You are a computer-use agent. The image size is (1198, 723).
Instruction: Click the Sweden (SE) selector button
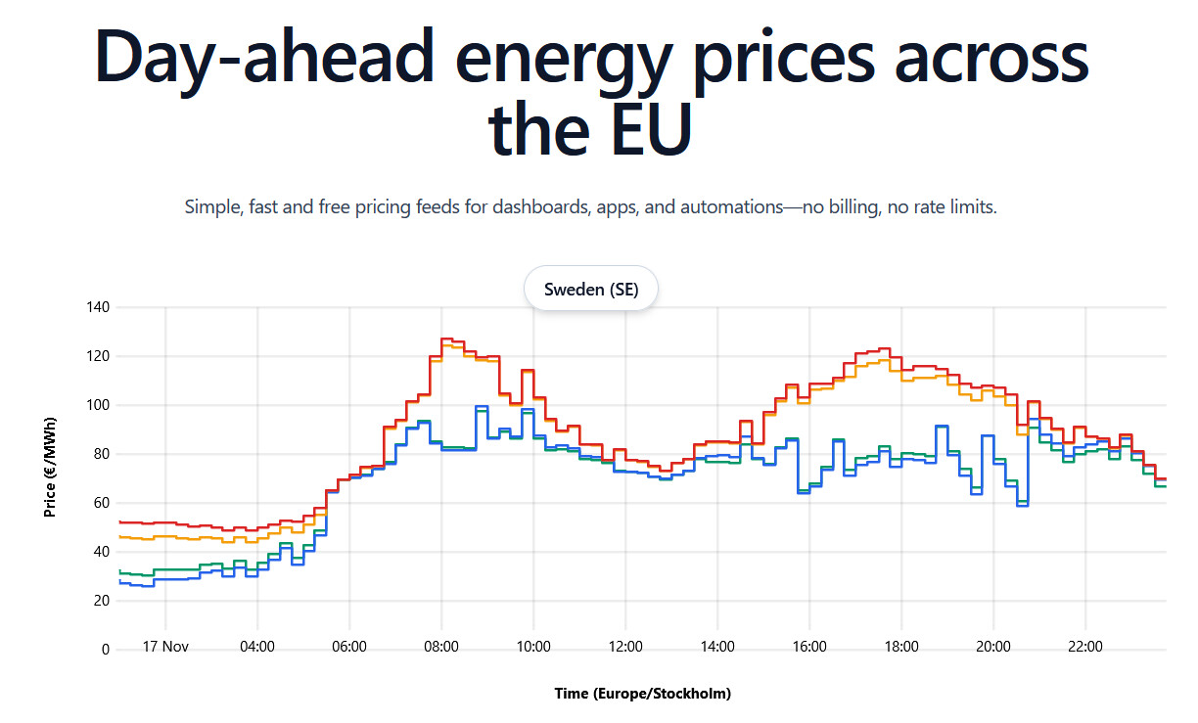coord(591,289)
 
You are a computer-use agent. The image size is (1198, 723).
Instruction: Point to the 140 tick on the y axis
coord(99,307)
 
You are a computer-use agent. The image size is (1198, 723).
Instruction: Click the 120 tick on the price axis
coord(99,356)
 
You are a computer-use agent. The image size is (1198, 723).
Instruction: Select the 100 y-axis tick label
coord(99,405)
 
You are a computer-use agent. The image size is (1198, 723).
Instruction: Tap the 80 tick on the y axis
coord(102,454)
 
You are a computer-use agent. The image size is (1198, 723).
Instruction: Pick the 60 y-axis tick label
coord(102,503)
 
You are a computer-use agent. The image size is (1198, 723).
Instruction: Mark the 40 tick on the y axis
coord(102,552)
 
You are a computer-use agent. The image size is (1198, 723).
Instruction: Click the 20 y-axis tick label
coord(102,601)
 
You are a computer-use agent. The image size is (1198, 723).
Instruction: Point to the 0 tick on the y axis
coord(106,650)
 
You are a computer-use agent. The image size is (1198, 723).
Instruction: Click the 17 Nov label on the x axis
coord(165,647)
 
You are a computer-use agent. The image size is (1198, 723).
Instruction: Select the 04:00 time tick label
coord(257,647)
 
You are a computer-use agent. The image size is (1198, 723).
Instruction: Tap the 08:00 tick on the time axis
coord(441,647)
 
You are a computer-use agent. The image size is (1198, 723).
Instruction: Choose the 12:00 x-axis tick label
coord(625,647)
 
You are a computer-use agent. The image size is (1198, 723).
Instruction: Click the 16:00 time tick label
coord(809,647)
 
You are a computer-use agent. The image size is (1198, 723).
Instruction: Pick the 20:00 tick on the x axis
coord(993,647)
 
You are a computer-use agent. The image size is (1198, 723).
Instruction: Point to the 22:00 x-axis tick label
coord(1085,647)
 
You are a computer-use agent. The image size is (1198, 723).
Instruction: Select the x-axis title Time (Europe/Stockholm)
coord(642,694)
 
